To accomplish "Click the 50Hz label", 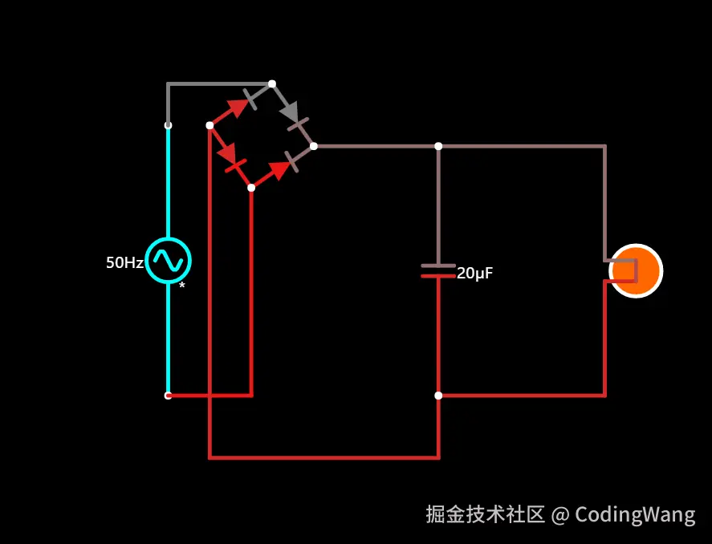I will (x=124, y=262).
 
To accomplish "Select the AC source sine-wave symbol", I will (x=169, y=260).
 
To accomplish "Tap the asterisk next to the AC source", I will (x=182, y=286).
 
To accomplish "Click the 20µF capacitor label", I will (x=474, y=274).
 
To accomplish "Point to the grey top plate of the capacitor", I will (x=438, y=266).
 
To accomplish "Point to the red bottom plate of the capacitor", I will (x=438, y=276).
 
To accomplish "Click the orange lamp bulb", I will (x=636, y=271).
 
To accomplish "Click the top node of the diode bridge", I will (x=272, y=83).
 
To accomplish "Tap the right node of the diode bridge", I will (x=314, y=146).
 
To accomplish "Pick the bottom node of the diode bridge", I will (x=251, y=188).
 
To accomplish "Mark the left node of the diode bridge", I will (x=210, y=125).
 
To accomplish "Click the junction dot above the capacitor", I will (x=438, y=146).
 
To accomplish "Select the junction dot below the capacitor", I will (x=438, y=396).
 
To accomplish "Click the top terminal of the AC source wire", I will (x=168, y=125).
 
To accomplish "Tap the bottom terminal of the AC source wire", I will (x=168, y=396).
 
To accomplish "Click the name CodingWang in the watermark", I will (x=635, y=514).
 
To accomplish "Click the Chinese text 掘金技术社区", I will (x=486, y=514).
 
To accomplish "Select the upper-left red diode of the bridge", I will (x=236, y=108).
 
